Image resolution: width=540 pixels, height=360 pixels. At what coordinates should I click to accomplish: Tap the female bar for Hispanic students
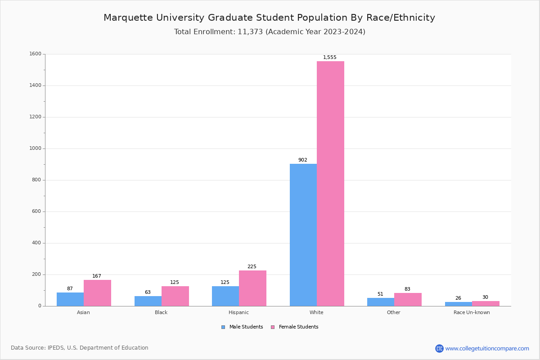252,288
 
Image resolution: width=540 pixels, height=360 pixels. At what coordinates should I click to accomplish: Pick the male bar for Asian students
70,299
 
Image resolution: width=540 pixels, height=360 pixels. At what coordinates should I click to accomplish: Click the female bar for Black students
175,296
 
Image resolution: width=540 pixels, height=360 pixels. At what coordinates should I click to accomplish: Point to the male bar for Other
381,302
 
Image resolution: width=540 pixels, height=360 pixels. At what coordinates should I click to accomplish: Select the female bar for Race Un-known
486,304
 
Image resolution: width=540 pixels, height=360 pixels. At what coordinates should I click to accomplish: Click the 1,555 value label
330,58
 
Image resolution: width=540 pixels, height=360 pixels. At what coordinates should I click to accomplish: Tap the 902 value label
303,160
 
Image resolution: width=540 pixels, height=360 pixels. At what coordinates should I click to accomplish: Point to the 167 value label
97,276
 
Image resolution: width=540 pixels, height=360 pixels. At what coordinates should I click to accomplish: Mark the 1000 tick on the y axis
36,148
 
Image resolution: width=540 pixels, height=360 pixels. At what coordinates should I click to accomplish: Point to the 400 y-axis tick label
36,243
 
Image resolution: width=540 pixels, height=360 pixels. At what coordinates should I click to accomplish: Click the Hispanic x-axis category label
238,312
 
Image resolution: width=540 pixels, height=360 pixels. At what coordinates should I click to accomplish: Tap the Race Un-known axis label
472,312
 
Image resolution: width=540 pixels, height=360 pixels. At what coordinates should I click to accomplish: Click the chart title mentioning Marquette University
269,18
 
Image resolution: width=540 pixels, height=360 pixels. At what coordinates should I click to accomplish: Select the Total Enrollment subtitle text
270,32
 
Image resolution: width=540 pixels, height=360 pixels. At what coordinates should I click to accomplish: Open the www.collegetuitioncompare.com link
487,348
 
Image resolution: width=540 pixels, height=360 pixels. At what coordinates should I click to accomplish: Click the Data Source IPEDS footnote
80,348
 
